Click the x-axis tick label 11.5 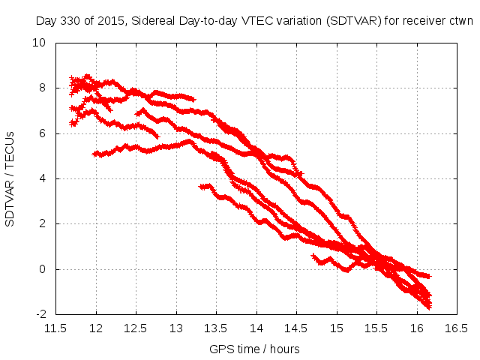point(55,328)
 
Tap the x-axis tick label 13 point(175,328)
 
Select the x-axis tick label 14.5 point(296,328)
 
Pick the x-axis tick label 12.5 point(136,328)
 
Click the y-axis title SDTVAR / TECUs point(10,178)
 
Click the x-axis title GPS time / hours point(256,349)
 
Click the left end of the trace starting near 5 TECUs point(94,154)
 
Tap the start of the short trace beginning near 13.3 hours point(201,186)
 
